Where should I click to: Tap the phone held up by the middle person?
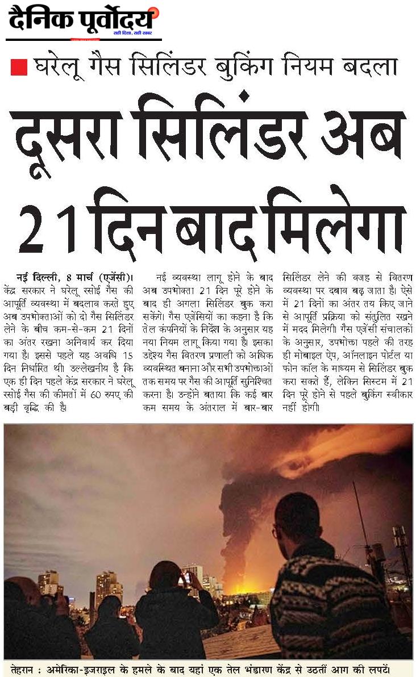187,578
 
